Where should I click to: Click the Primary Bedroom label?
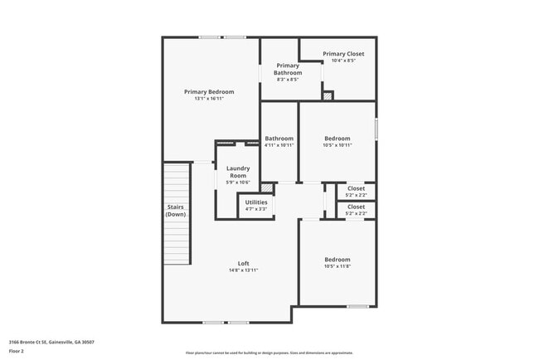click(x=209, y=91)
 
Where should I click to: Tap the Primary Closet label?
click(x=343, y=54)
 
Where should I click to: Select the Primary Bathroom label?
click(x=288, y=69)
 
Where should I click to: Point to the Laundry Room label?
click(x=238, y=173)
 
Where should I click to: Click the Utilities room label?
click(x=256, y=202)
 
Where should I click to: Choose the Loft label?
click(x=244, y=264)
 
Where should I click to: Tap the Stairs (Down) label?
click(x=176, y=211)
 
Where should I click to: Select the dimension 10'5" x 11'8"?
click(x=337, y=266)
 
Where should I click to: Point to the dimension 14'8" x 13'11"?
click(x=244, y=270)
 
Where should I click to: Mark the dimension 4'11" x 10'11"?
click(x=279, y=145)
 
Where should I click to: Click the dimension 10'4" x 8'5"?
click(x=343, y=61)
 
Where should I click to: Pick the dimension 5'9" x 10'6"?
click(x=238, y=183)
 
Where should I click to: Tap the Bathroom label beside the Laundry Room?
click(x=279, y=139)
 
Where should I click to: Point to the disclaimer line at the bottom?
click(x=269, y=353)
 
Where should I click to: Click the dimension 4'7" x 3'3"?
click(x=256, y=209)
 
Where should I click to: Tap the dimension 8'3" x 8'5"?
click(x=288, y=80)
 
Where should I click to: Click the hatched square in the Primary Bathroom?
click(x=328, y=96)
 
